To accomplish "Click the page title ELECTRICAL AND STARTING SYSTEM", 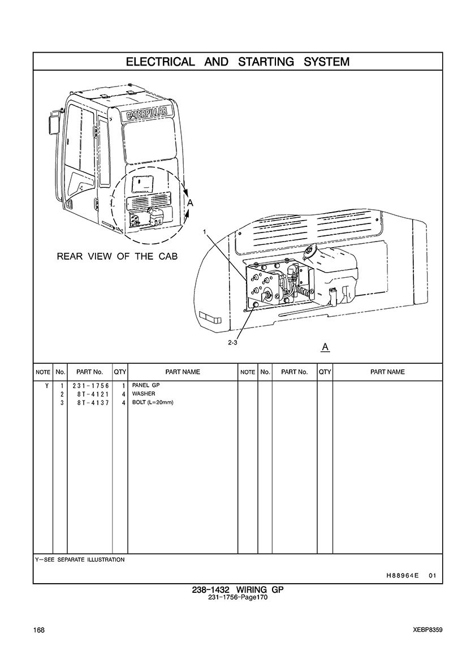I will (237, 62).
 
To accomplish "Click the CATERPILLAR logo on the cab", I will (146, 113).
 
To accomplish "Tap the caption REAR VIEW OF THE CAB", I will (117, 256).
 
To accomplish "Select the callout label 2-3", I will (232, 343).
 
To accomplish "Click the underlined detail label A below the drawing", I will (325, 346).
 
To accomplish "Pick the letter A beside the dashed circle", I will (191, 203).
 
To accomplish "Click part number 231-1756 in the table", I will (90, 386).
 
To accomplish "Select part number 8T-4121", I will (90, 394).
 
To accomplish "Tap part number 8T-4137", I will (90, 402).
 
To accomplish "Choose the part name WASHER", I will (144, 394).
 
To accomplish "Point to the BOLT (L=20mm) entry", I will (153, 402).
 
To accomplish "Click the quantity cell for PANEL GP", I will (123, 386).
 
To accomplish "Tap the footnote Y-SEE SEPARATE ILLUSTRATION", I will (80, 559).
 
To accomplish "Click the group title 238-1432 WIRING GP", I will (237, 589).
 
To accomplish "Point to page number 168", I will (39, 630).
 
